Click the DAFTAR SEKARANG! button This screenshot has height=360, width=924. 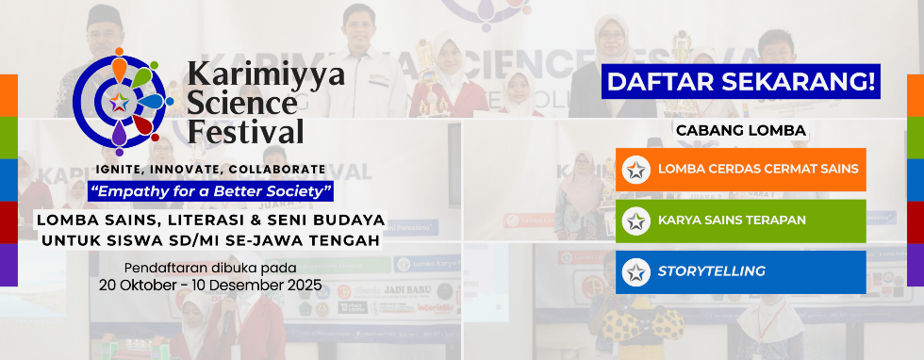coord(741,81)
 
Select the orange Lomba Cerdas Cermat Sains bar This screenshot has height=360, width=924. coord(741,170)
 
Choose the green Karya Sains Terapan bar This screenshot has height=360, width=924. coord(741,221)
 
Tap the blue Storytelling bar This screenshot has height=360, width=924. coord(741,272)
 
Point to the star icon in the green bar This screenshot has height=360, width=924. coord(635,221)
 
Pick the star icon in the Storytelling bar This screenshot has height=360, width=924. coord(635,272)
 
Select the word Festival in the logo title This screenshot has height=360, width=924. coord(245,131)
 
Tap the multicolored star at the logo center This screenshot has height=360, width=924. coord(119,102)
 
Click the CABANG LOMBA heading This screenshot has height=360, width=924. coord(741,131)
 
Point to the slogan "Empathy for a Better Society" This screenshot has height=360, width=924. coord(211,192)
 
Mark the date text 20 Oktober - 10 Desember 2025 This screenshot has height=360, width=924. coord(211,286)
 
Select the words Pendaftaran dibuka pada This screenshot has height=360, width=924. coord(211,269)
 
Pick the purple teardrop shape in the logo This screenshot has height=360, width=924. coord(119,134)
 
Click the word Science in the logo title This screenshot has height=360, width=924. coord(242,105)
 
